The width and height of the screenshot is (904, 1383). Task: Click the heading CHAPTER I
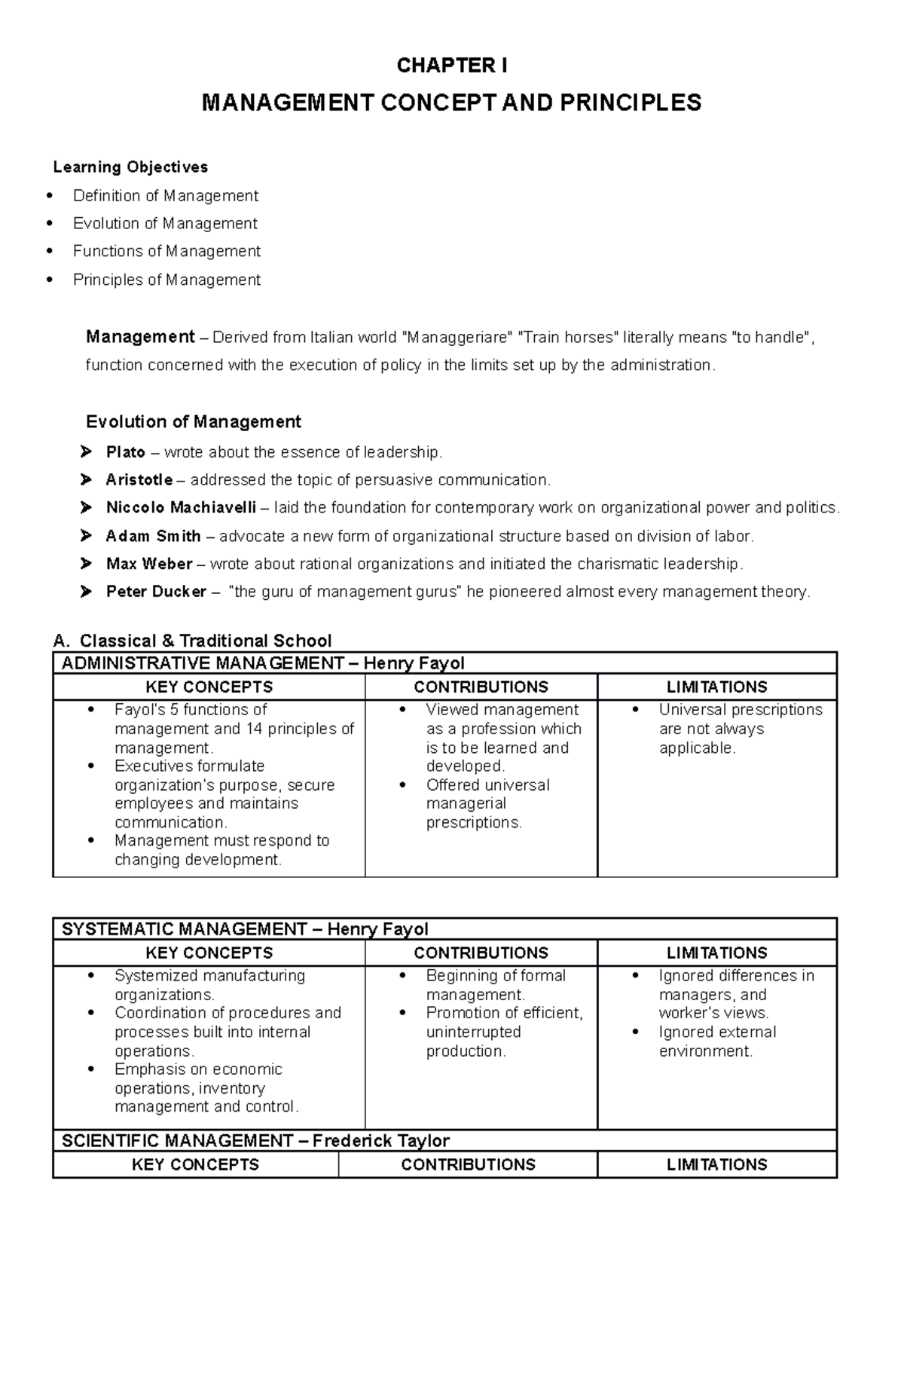click(451, 66)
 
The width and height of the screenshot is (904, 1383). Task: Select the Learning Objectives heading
click(130, 167)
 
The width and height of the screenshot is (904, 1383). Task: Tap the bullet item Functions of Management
click(166, 251)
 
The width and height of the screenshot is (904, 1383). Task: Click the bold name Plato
click(125, 452)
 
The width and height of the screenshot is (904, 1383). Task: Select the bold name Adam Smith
click(153, 537)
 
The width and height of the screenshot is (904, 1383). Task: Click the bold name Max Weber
click(149, 564)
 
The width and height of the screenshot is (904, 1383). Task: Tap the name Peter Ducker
click(156, 592)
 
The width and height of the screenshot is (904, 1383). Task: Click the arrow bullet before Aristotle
click(86, 480)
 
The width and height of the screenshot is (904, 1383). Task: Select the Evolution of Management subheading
click(193, 421)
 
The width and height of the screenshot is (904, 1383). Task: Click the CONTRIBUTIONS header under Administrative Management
click(481, 687)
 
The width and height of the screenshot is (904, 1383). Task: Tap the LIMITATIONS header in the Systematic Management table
click(716, 953)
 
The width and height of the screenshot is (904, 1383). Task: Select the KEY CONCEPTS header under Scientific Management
click(195, 1164)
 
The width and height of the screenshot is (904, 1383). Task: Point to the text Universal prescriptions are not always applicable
click(739, 729)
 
